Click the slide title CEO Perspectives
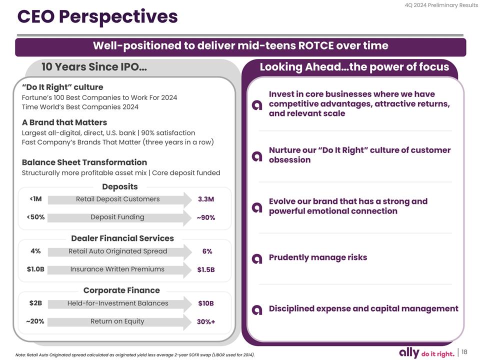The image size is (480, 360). coord(97,17)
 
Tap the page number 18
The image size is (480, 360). coord(464,351)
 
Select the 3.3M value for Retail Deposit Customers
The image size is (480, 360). coord(206,199)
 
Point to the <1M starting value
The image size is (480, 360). coord(35,199)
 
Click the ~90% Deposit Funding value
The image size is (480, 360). coord(205,218)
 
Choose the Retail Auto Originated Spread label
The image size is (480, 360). coord(118,251)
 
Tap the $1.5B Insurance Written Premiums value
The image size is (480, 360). coord(206,270)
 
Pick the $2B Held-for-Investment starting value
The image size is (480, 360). coord(35,303)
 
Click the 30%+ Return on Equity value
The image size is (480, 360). coord(206,322)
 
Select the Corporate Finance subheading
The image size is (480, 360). coord(121,290)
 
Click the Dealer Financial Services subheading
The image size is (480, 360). coord(122,238)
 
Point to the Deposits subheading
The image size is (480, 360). coord(119,186)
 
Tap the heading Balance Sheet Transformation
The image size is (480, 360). coord(84,162)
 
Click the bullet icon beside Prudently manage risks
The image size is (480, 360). coord(257,258)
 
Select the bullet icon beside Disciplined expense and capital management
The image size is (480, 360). coord(257,309)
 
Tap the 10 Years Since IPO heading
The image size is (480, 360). coord(93,67)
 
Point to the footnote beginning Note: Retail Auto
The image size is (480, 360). coord(135,355)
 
